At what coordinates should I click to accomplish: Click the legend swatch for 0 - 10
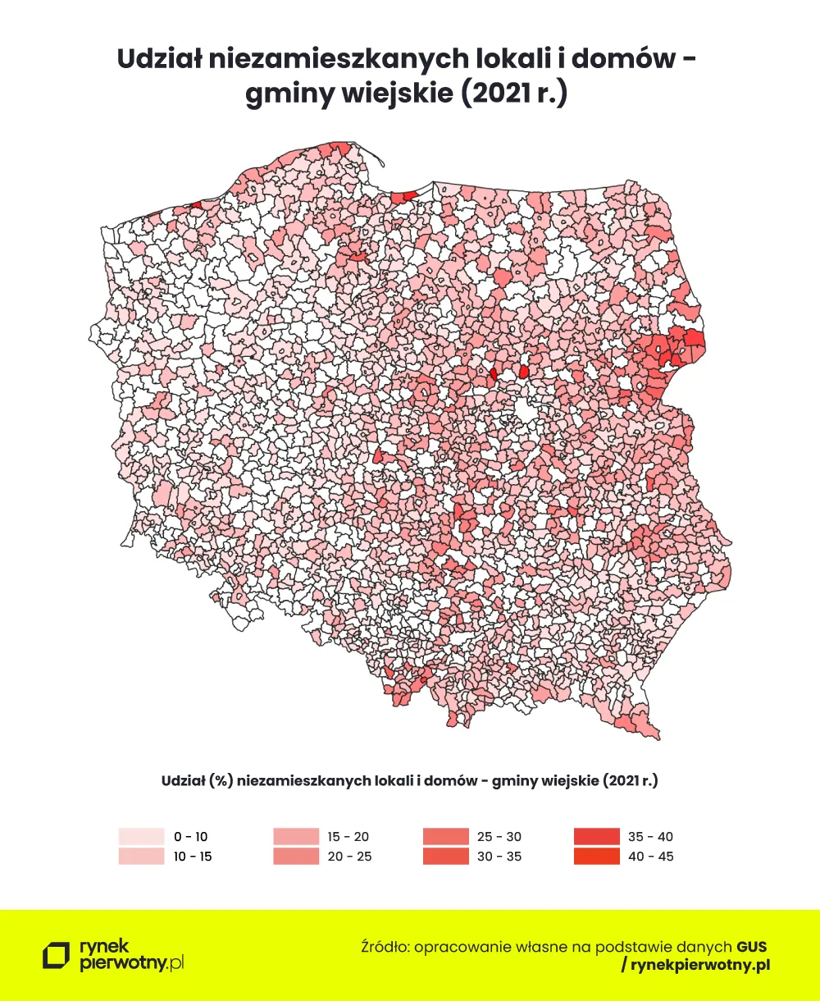click(141, 837)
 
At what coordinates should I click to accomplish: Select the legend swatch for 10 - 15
click(141, 857)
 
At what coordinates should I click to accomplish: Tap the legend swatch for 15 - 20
click(294, 837)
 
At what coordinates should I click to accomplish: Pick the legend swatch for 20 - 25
click(294, 857)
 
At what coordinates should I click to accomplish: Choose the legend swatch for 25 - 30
click(445, 837)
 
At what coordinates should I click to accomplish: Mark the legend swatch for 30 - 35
click(445, 857)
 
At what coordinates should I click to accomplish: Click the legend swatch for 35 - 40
click(596, 837)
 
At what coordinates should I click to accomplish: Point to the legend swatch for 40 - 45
click(596, 857)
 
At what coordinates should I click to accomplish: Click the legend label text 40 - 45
click(650, 857)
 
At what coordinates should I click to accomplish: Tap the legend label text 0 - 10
click(191, 837)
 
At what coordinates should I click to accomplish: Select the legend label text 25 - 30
click(499, 837)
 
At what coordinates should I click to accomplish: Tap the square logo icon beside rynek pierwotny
click(57, 956)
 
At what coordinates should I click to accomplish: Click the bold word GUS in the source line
click(751, 946)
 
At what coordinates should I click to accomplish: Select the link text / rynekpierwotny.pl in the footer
click(695, 966)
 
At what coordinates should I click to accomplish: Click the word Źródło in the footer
click(385, 946)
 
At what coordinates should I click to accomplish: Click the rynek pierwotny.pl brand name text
click(131, 956)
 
